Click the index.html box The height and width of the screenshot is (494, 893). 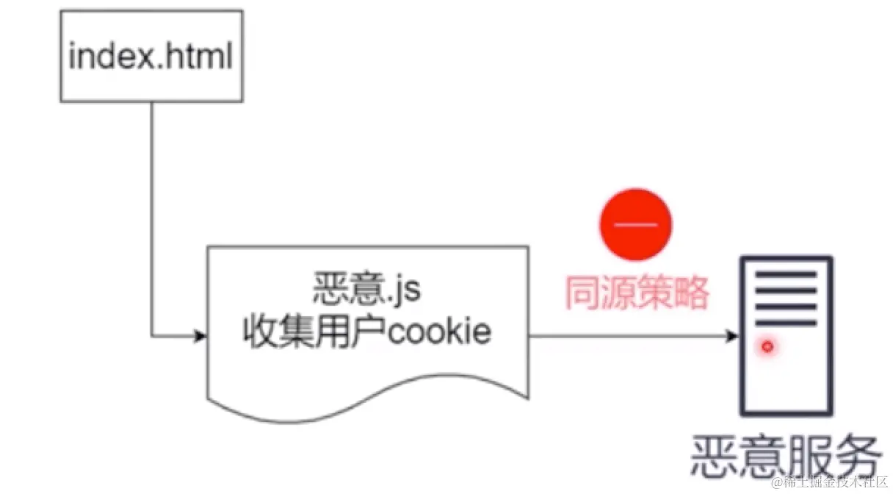(151, 56)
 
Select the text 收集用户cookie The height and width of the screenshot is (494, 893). (366, 333)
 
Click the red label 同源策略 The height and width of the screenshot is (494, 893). (636, 293)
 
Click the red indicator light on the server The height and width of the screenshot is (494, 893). (768, 346)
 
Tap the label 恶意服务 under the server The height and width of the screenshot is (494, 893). (785, 457)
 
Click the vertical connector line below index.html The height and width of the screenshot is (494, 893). (151, 221)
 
